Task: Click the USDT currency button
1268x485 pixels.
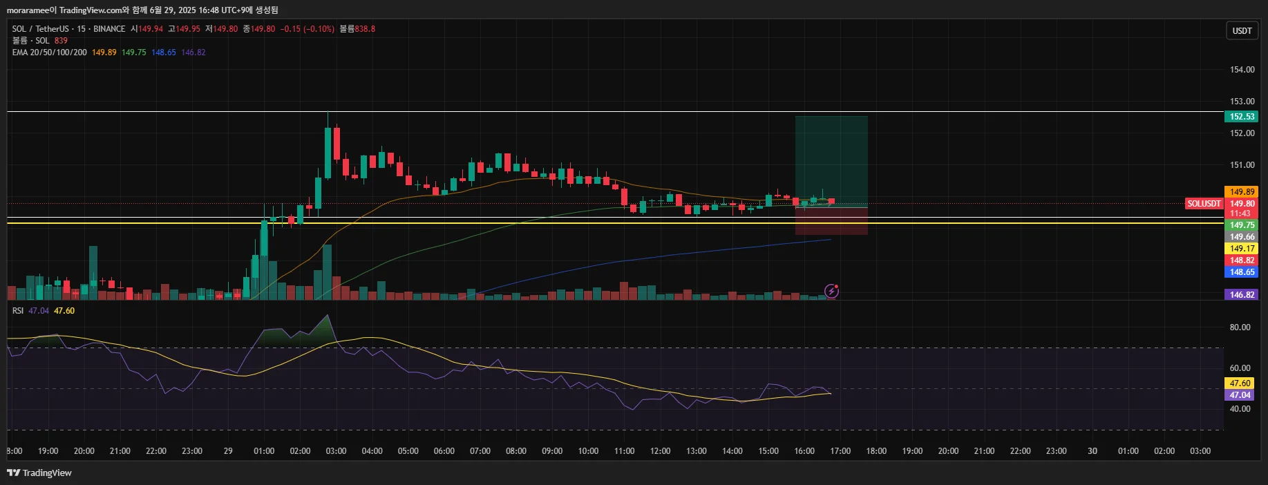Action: pos(1242,30)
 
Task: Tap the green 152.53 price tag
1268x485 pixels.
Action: pos(1242,117)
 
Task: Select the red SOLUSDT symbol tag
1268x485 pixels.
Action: pos(1204,204)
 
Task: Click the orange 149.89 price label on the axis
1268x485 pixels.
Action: pos(1242,192)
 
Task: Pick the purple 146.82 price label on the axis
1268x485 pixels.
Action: pos(1242,295)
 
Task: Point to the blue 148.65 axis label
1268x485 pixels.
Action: pos(1242,272)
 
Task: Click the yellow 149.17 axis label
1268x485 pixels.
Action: pos(1242,249)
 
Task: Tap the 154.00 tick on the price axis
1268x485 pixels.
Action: pos(1242,70)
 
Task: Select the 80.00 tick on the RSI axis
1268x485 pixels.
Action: pos(1240,327)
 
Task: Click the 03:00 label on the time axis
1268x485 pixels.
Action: pos(336,451)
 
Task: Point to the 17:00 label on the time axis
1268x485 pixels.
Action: pos(840,451)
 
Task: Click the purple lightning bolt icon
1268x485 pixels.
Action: pos(832,291)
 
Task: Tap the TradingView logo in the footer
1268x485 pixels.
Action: pos(39,473)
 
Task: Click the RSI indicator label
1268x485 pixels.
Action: pos(18,311)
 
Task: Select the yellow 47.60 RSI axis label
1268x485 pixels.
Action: pos(1240,383)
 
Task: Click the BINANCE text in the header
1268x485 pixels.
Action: pos(109,29)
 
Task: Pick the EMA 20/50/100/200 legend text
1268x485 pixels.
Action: pos(49,53)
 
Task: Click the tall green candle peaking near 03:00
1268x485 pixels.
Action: pos(328,152)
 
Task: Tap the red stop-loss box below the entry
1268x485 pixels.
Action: pos(831,221)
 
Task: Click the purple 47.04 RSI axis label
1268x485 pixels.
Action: pos(1240,395)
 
